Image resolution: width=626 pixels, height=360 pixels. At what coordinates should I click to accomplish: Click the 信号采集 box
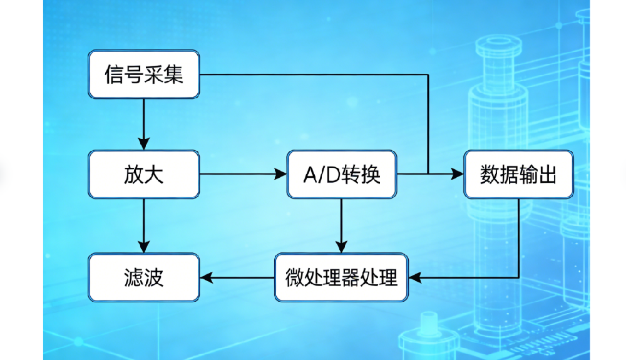[x=143, y=75]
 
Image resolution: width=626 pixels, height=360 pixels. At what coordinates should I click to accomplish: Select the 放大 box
[x=143, y=174]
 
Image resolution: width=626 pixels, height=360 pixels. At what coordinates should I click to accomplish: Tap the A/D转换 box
[x=342, y=174]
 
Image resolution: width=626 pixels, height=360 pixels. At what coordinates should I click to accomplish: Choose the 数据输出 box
[x=518, y=174]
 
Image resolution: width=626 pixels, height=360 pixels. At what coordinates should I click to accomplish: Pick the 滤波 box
[x=143, y=276]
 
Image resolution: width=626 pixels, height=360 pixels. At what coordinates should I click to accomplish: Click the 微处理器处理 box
[x=342, y=276]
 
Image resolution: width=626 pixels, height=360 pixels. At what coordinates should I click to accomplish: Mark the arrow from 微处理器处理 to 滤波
[x=238, y=276]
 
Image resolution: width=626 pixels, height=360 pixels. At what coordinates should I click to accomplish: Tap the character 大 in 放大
[x=154, y=174]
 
